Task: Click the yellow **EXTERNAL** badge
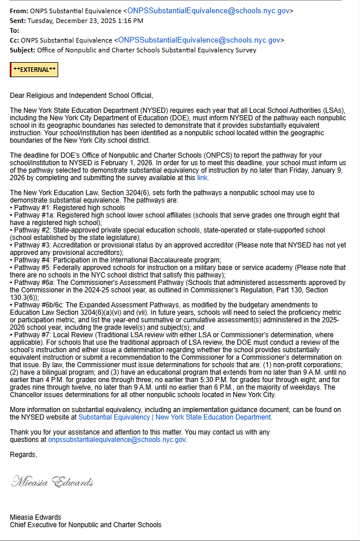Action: point(35,70)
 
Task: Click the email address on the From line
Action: point(209,10)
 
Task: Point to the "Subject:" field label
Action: point(22,50)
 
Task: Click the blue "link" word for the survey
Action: point(202,177)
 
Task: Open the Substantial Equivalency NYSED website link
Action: point(175,417)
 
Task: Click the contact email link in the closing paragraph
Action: point(117,440)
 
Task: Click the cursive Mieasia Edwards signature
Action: point(52,482)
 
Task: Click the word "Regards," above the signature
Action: point(23,455)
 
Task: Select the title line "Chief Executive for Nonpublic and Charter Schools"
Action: point(85,524)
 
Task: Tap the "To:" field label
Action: point(14,31)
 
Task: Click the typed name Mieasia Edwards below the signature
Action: point(35,517)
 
